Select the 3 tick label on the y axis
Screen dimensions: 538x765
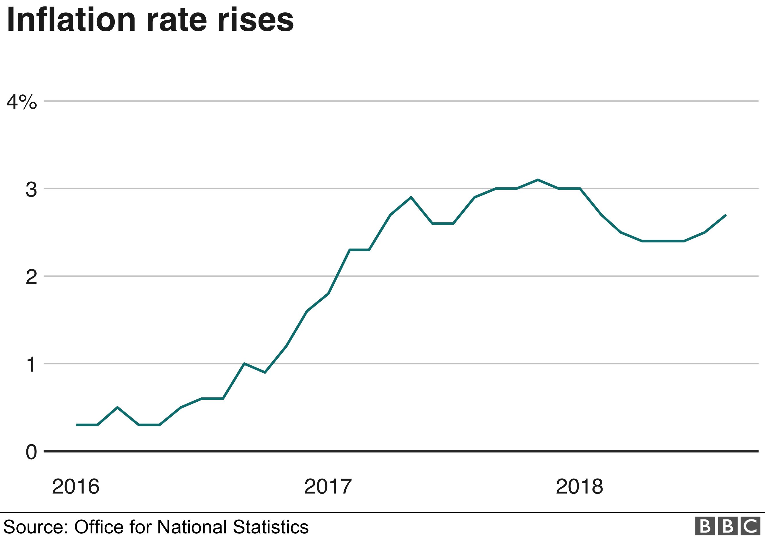(x=31, y=190)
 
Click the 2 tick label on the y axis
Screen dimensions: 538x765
(x=31, y=277)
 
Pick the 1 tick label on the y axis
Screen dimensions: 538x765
(x=31, y=365)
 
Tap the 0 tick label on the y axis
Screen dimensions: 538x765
(x=31, y=452)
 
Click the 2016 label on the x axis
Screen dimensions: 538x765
(x=76, y=487)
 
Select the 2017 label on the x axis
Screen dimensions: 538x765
(x=328, y=487)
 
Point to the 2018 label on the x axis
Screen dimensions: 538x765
(x=579, y=487)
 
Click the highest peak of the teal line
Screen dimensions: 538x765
(x=538, y=180)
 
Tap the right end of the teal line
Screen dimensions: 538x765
(x=726, y=215)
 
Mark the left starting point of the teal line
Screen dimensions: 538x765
(x=77, y=425)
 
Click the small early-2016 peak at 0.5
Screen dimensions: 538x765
(x=117, y=407)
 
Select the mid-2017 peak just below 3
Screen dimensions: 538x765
(x=411, y=197)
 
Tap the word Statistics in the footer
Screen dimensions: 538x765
(x=271, y=527)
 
